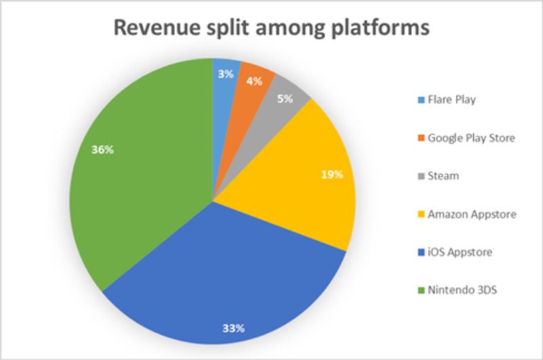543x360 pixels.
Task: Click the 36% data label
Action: point(102,150)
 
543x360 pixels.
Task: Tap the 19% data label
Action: point(333,174)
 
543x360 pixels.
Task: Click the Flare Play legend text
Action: point(452,99)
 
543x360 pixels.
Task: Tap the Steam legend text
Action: point(443,176)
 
